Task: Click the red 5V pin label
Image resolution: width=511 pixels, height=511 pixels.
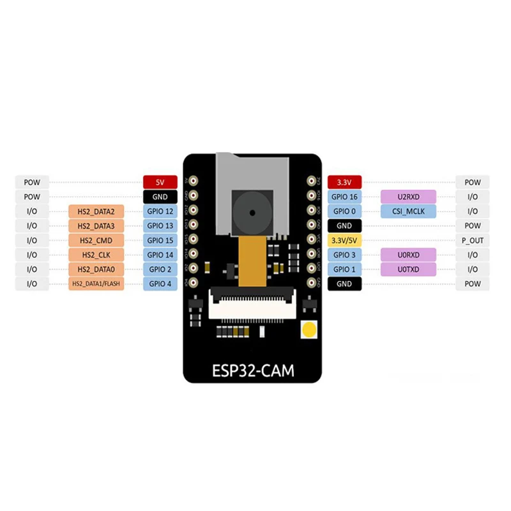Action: pyautogui.click(x=159, y=182)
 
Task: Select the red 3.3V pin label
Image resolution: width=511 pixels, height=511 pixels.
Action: pyautogui.click(x=344, y=182)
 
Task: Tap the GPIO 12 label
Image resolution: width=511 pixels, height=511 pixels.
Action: pyautogui.click(x=159, y=211)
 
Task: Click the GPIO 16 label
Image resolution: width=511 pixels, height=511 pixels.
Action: pyautogui.click(x=344, y=197)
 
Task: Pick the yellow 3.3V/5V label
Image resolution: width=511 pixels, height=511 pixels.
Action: pyautogui.click(x=344, y=240)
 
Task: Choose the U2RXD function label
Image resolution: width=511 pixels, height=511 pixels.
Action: pyautogui.click(x=408, y=197)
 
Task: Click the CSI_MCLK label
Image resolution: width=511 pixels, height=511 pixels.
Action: pyautogui.click(x=408, y=211)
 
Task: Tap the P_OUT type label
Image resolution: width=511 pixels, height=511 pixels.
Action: pyautogui.click(x=472, y=240)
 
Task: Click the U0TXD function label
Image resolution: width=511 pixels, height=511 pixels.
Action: pyautogui.click(x=408, y=269)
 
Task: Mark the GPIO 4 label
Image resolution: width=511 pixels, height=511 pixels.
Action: pyautogui.click(x=159, y=284)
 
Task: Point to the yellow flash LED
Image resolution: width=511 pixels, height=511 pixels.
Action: pyautogui.click(x=309, y=330)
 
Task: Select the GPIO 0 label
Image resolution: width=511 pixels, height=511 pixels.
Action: pyautogui.click(x=344, y=211)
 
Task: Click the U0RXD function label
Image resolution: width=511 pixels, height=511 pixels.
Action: pyautogui.click(x=408, y=255)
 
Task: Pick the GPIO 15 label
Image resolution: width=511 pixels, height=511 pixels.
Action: pyautogui.click(x=159, y=240)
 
